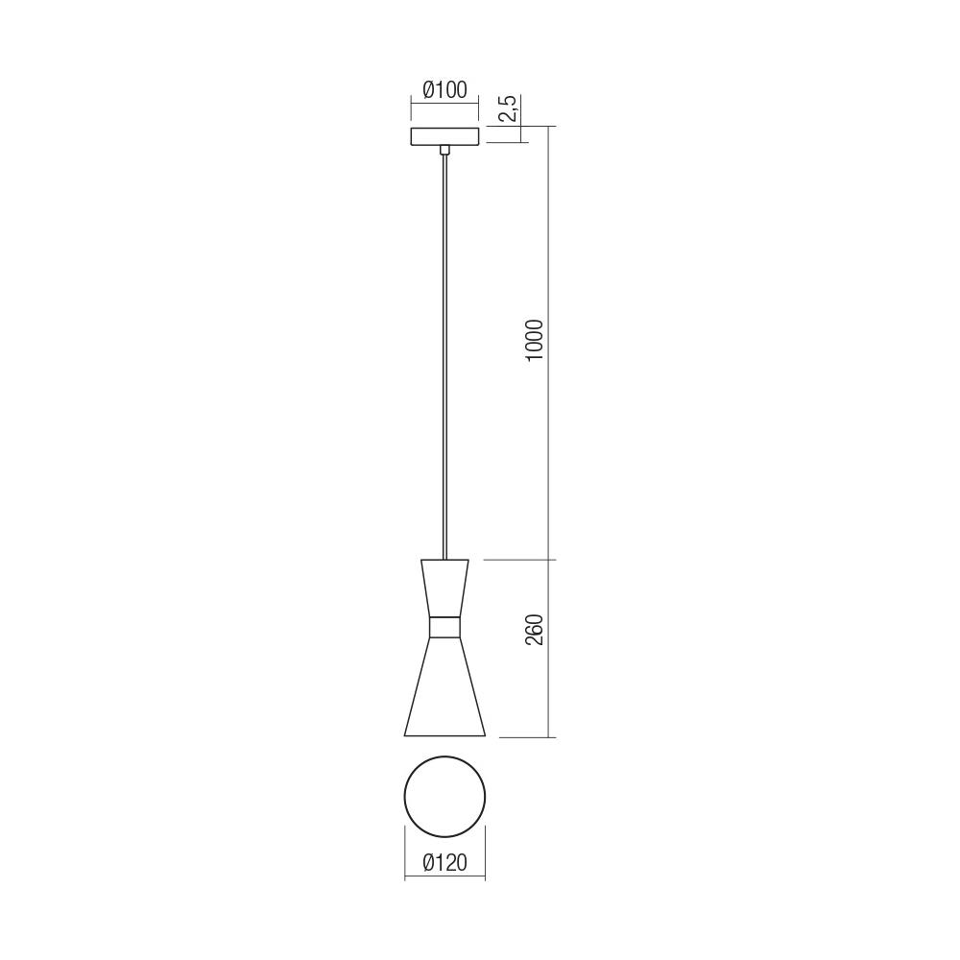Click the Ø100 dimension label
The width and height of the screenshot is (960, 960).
pos(444,90)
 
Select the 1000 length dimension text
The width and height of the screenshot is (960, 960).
pos(535,340)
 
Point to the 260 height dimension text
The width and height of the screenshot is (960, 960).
pos(535,629)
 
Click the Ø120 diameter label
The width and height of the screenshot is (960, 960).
pos(444,863)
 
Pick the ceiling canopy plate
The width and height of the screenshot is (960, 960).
pos(444,135)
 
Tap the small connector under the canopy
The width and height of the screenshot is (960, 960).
pos(444,150)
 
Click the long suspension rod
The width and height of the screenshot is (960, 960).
pos(444,355)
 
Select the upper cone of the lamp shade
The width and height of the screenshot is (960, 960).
pos(444,587)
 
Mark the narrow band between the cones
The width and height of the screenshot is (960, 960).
pos(444,626)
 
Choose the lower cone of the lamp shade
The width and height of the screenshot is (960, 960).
pos(444,686)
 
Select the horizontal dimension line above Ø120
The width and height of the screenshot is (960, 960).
pos(444,876)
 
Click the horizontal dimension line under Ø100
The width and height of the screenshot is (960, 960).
pos(444,104)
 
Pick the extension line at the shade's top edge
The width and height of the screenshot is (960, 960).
pos(518,560)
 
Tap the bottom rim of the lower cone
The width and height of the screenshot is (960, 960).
pos(444,736)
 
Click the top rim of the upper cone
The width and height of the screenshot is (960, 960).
pos(444,560)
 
